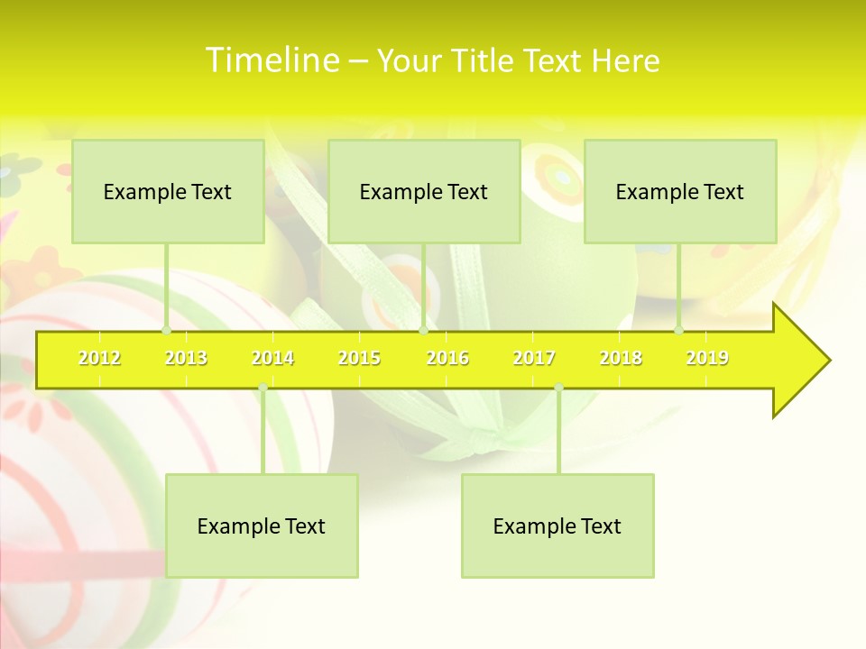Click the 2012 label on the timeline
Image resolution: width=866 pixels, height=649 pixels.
[x=99, y=358]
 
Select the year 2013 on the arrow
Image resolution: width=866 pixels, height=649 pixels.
[x=186, y=358]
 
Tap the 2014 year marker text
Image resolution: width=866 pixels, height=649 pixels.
[x=272, y=358]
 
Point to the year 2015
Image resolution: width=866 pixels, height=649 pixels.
[x=359, y=358]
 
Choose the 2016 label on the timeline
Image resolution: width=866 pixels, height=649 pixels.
[x=447, y=358]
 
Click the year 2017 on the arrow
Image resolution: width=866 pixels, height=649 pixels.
[x=534, y=358]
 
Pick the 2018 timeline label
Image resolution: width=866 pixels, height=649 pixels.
[x=621, y=358]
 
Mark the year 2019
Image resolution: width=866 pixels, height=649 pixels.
[x=707, y=358]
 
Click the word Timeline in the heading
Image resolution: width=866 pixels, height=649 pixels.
[x=271, y=60]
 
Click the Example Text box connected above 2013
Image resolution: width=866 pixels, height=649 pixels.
[x=168, y=191]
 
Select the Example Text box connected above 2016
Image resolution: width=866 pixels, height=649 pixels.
[x=424, y=191]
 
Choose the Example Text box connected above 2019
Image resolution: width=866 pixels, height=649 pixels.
[x=680, y=191]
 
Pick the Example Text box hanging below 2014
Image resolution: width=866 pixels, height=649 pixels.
[x=262, y=526]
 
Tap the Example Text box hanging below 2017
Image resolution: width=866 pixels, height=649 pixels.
[x=557, y=526]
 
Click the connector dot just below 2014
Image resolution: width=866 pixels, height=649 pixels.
[x=263, y=388]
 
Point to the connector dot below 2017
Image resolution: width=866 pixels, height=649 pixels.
[x=558, y=388]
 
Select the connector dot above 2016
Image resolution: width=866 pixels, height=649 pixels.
[x=423, y=331]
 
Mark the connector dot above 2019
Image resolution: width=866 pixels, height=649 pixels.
[x=679, y=331]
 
